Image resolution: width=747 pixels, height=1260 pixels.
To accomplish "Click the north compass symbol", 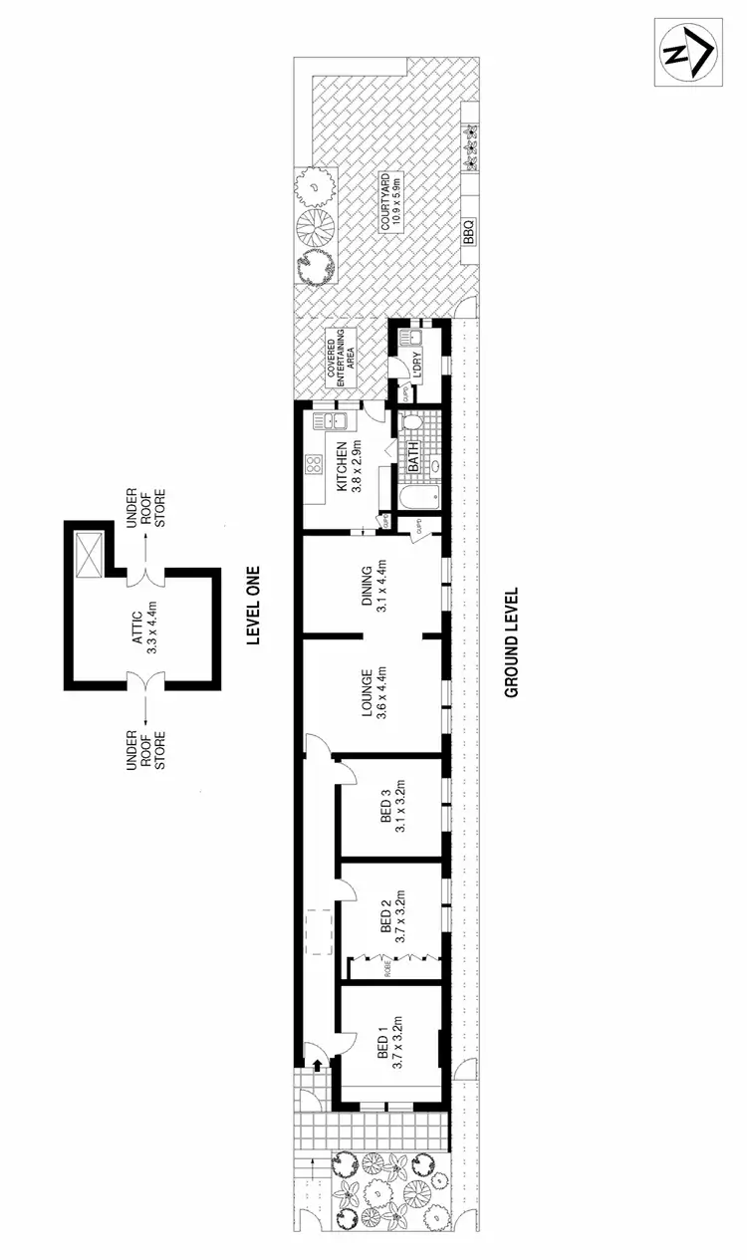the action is click(x=688, y=51).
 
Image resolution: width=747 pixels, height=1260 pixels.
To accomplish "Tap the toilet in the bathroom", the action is click(x=414, y=426).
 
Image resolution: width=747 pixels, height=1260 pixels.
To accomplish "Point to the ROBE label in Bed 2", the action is click(x=388, y=968).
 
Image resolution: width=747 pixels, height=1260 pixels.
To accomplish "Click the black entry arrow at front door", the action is click(x=317, y=1067).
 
